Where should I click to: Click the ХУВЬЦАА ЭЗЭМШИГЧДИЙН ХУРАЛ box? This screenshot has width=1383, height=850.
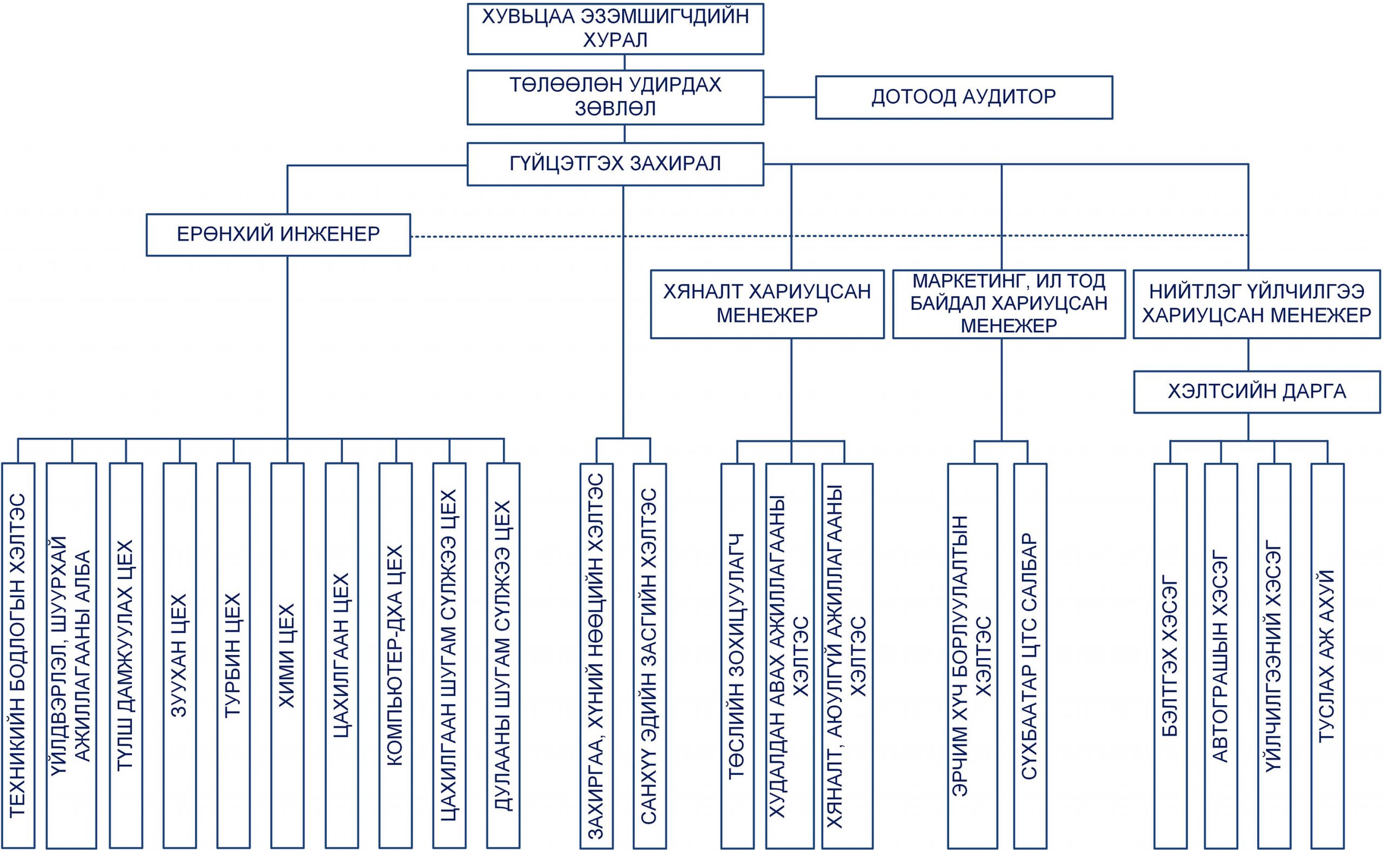pos(615,28)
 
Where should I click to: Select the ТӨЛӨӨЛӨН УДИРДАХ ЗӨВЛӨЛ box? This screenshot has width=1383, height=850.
pos(615,97)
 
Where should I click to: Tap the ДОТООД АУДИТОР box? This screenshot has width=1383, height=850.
pos(964,97)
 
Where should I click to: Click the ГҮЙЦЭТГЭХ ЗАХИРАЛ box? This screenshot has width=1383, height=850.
pos(615,164)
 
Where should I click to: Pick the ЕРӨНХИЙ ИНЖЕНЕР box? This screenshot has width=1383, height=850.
pos(278,235)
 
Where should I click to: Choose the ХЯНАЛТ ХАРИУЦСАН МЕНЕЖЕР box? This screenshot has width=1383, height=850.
pos(767,304)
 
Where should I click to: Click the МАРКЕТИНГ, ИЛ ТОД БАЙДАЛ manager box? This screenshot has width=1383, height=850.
pos(1009,304)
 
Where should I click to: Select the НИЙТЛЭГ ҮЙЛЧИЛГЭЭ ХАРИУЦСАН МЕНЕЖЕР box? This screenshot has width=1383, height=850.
pos(1257,304)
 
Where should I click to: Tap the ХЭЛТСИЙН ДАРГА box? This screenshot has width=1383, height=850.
pos(1257,392)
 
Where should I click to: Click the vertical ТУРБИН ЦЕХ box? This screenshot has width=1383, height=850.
pos(233,655)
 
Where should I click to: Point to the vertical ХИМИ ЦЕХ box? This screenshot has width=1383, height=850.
pos(287,655)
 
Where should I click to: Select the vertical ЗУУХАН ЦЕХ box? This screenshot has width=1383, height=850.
pos(179,655)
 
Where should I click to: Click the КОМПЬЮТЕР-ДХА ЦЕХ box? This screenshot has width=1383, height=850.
pos(395,655)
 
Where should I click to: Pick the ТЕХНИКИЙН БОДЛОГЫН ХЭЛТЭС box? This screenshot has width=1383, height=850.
pos(18,655)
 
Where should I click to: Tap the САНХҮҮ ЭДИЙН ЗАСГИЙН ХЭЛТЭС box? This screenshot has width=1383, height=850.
pos(650,656)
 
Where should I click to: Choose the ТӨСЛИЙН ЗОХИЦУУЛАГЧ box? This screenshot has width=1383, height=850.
pos(737,656)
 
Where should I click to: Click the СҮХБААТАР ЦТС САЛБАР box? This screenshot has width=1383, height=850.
pos(1030,656)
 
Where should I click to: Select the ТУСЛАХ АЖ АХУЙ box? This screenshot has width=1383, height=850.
pos(1327,656)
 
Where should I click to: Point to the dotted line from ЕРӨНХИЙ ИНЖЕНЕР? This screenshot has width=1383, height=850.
pos(829,236)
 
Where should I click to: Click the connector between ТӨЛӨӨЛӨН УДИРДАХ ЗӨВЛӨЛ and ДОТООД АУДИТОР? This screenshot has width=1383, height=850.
pos(790,97)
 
